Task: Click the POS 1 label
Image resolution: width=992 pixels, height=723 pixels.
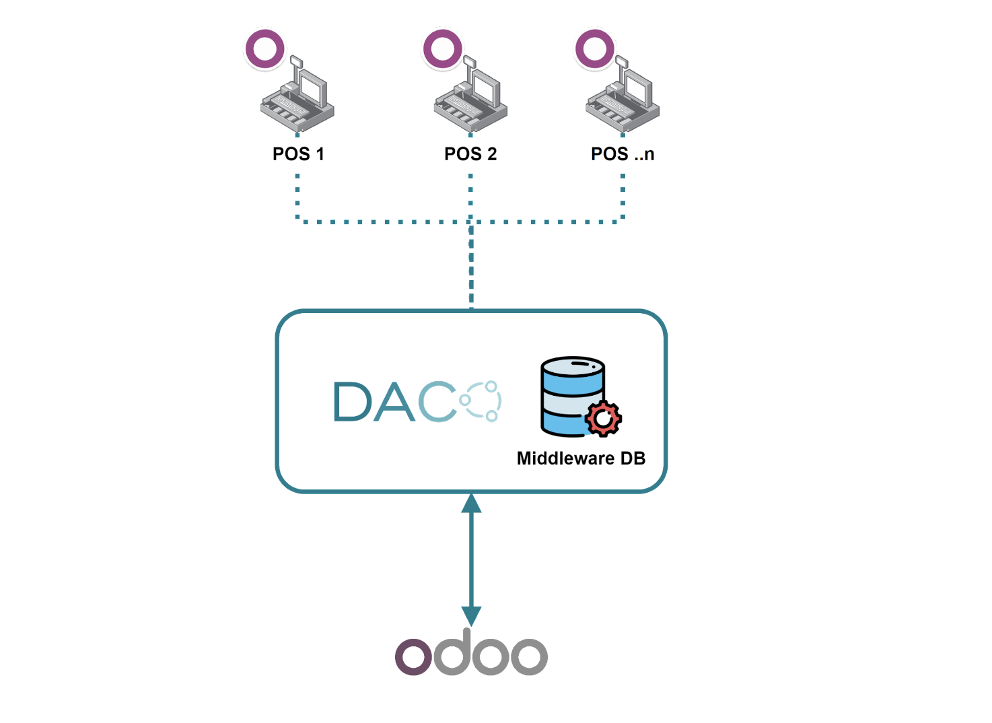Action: (x=298, y=154)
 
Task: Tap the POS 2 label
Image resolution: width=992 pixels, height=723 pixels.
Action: (x=470, y=154)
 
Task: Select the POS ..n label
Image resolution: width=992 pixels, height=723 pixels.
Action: (x=622, y=154)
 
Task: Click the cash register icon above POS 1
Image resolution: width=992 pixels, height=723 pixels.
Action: (x=298, y=98)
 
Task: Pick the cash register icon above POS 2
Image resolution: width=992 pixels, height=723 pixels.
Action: (x=471, y=98)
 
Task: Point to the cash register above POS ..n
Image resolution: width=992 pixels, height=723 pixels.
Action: (x=623, y=98)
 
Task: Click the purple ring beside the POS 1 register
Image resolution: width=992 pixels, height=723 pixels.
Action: (x=264, y=48)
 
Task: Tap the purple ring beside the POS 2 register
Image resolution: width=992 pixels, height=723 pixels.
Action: (x=442, y=48)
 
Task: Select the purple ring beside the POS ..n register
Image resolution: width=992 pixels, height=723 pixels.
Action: (x=595, y=48)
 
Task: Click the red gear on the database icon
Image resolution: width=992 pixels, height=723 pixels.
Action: (x=604, y=419)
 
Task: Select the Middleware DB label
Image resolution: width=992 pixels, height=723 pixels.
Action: (x=581, y=458)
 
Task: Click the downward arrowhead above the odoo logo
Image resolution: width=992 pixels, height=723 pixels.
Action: (x=471, y=615)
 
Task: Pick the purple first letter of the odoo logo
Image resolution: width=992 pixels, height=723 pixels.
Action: (x=413, y=656)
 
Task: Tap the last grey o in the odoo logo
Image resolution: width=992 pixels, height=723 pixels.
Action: (x=529, y=656)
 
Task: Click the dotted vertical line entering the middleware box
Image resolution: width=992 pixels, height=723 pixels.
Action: (x=471, y=269)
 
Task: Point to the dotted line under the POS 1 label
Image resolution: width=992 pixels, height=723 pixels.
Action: (x=297, y=195)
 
